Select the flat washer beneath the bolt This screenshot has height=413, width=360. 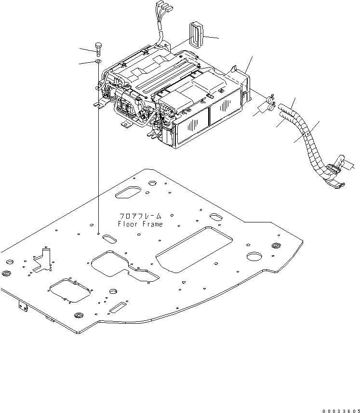point(98,61)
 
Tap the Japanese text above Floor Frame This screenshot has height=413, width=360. point(140,217)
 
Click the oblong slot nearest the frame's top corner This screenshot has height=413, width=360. point(128,193)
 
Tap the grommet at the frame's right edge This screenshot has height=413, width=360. point(276,247)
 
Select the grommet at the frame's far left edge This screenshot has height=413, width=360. point(7,274)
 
